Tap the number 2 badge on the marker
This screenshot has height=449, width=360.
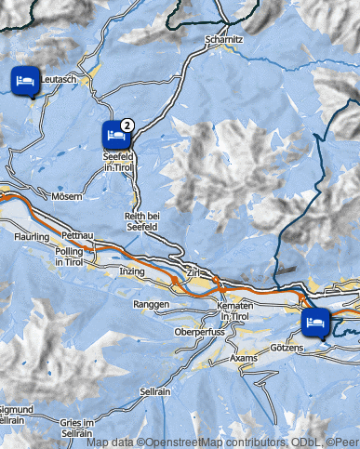coord(128,124)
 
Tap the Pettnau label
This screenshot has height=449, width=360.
coord(78,236)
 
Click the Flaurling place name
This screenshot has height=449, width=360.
coord(31,237)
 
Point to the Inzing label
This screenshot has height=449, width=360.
coord(133,271)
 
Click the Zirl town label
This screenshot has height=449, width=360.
coord(193,273)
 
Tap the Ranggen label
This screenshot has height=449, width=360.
coord(151,304)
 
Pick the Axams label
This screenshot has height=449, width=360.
coord(244,357)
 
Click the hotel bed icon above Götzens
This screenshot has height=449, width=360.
coord(314,323)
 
